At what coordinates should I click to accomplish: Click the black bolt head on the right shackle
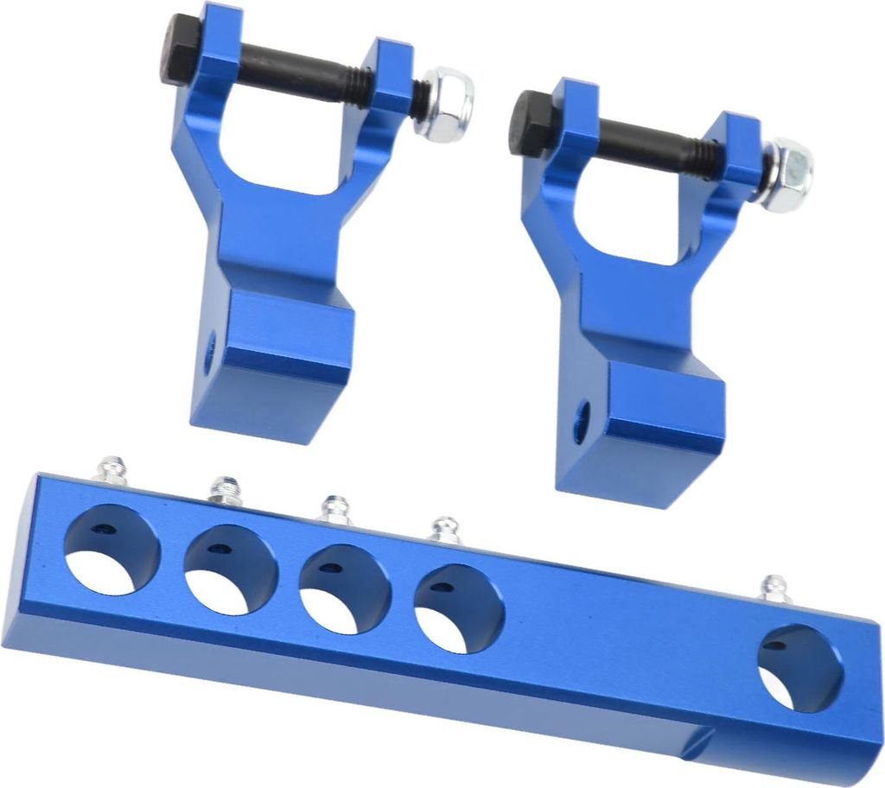tap(530, 124)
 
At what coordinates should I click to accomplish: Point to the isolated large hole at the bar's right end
tap(800, 669)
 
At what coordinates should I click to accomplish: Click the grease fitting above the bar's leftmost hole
tap(113, 470)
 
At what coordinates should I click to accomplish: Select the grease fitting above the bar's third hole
tap(334, 509)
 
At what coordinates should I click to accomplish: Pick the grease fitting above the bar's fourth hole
tap(445, 530)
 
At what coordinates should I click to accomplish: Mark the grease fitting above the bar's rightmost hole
tap(774, 589)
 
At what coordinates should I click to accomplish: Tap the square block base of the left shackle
tap(277, 363)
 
